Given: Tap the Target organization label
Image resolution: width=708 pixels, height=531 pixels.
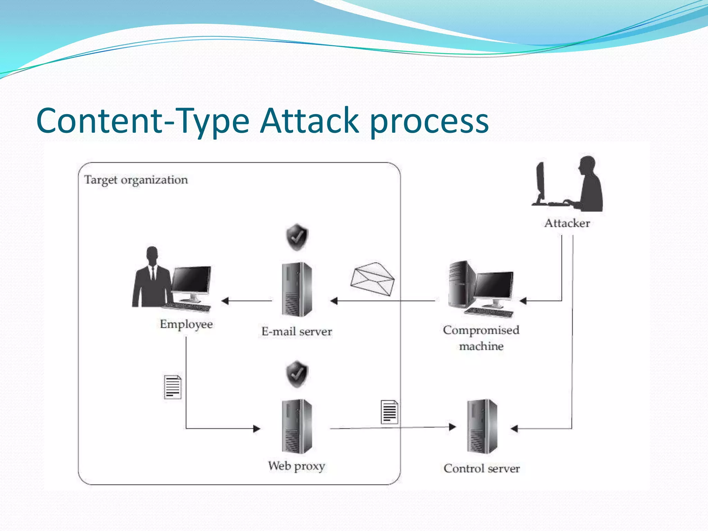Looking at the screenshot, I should pyautogui.click(x=136, y=180).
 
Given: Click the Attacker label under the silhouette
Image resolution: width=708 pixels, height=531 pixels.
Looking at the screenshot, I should pyautogui.click(x=567, y=223).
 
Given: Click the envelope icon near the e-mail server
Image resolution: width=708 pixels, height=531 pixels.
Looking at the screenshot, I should pyautogui.click(x=372, y=279).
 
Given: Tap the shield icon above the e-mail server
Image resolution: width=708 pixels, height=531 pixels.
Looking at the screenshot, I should pyautogui.click(x=297, y=237).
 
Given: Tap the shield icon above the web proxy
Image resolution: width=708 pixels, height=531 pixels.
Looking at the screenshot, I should pyautogui.click(x=297, y=374).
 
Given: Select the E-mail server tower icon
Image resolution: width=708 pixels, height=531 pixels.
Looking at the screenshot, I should pyautogui.click(x=297, y=289).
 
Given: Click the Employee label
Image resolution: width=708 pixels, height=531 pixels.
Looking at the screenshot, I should pyautogui.click(x=186, y=324).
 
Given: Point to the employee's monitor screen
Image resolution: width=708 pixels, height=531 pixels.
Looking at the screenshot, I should pyautogui.click(x=191, y=280).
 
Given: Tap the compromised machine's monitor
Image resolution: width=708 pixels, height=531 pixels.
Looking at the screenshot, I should pyautogui.click(x=494, y=285).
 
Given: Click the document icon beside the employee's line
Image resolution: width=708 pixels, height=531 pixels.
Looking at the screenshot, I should pyautogui.click(x=173, y=387).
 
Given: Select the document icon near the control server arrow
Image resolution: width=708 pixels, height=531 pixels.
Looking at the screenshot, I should pyautogui.click(x=389, y=412).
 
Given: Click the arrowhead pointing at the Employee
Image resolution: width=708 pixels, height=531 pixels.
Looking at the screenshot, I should pyautogui.click(x=225, y=301).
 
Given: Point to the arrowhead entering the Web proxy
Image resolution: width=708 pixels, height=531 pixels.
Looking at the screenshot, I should pyautogui.click(x=257, y=429).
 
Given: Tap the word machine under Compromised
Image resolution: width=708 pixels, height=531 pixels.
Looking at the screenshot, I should pyautogui.click(x=481, y=346).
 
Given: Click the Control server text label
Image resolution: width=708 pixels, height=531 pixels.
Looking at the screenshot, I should pyautogui.click(x=482, y=468).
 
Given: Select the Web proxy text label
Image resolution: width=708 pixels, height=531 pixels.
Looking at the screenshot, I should pyautogui.click(x=296, y=466).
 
